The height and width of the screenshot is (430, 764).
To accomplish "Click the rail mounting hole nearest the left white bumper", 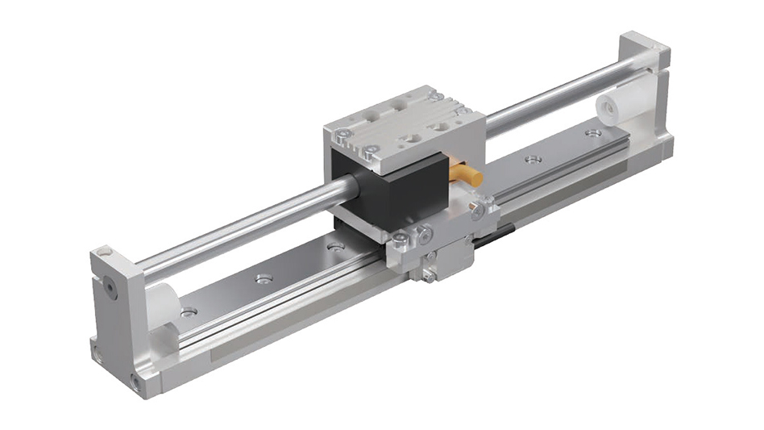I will (x=189, y=311).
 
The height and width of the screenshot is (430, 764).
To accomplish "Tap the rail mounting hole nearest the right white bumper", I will (x=594, y=132).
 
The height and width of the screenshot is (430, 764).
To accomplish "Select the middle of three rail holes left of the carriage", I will (x=263, y=279).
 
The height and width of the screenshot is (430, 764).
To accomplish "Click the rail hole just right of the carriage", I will (x=531, y=160).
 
